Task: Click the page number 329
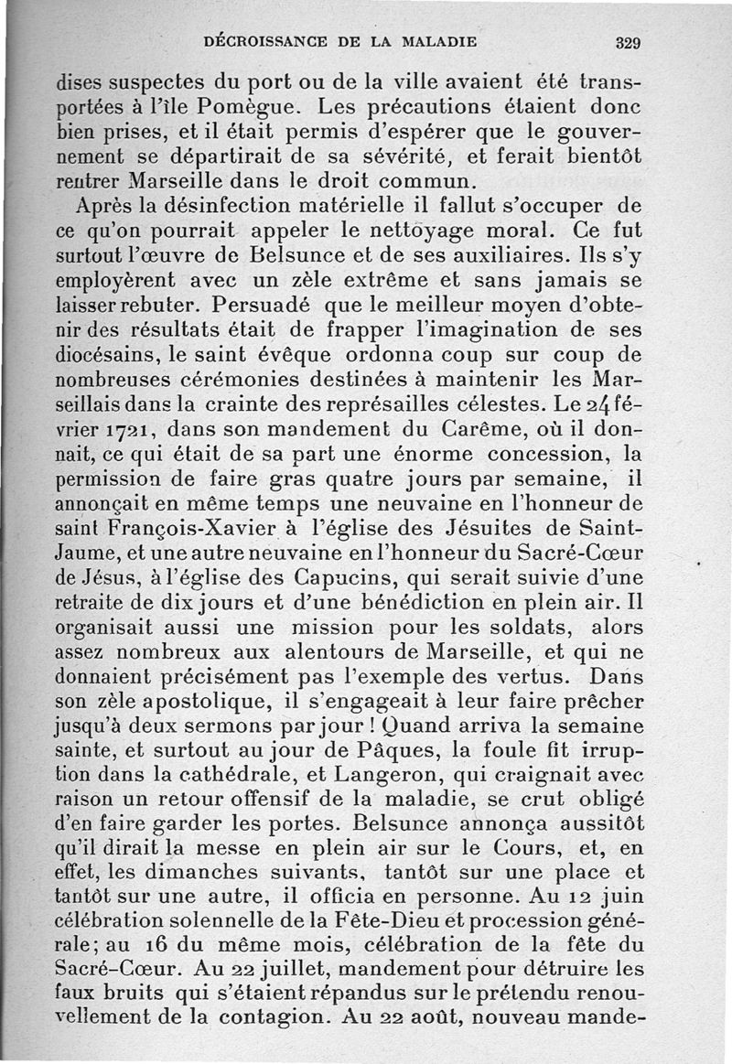627,42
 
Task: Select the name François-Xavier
194,529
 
